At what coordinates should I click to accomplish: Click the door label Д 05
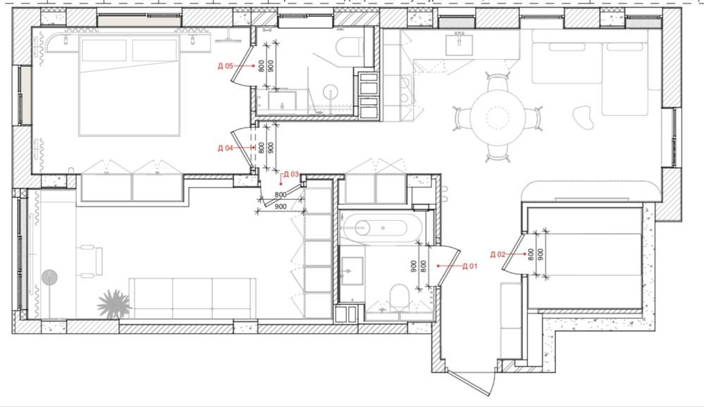click(x=226, y=66)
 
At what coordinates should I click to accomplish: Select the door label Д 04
click(x=226, y=148)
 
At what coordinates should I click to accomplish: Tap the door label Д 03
click(x=291, y=174)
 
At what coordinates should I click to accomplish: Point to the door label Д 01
click(x=469, y=266)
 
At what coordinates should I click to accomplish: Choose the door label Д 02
click(x=498, y=254)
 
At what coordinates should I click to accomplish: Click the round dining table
click(x=498, y=117)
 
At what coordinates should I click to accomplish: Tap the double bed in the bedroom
click(x=129, y=85)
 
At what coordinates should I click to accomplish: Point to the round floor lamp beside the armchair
click(x=49, y=277)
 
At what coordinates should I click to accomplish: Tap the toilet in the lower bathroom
click(x=399, y=297)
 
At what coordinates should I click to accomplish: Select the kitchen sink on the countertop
click(x=459, y=44)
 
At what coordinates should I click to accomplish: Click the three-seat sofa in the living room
click(x=192, y=299)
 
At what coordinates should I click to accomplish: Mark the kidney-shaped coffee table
click(x=584, y=117)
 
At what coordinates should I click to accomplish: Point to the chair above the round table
click(x=498, y=82)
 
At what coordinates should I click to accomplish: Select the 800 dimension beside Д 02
click(x=531, y=255)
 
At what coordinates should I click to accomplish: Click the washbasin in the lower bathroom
click(x=352, y=270)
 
